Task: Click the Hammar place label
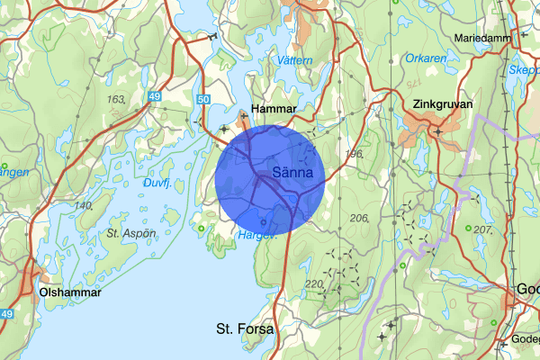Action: pos(274,108)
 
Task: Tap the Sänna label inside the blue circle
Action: pos(292,172)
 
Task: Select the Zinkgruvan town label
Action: pos(441,103)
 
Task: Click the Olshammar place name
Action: pos(70,292)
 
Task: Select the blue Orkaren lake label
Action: pos(425,59)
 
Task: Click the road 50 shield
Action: pos(202,99)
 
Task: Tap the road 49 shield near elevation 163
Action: pos(156,96)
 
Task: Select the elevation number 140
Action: pos(84,206)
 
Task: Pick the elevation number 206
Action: pos(360,219)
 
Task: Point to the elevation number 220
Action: pos(314,284)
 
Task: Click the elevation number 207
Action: pos(483,230)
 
